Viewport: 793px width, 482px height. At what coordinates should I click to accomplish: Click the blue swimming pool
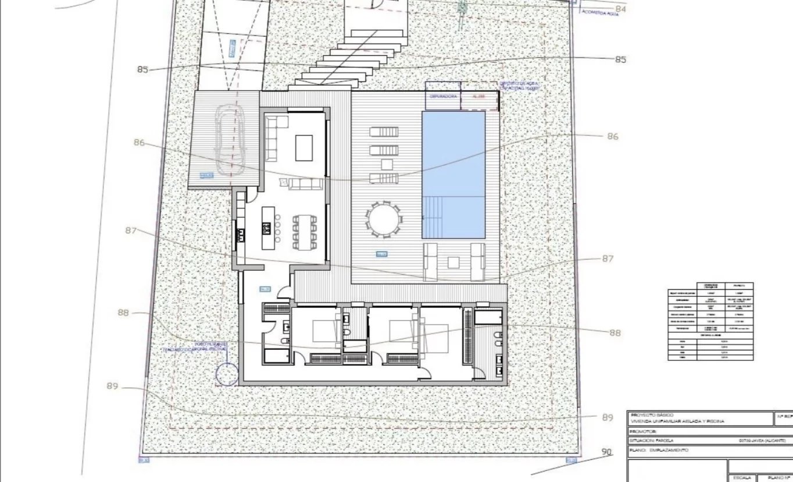453,175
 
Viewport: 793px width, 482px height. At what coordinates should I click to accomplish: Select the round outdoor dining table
383,219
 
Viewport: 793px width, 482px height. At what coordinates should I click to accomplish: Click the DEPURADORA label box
443,96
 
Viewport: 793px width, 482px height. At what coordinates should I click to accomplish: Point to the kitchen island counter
269,228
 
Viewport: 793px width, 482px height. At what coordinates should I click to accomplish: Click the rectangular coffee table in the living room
304,148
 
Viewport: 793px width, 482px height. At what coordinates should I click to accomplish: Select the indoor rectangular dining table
305,232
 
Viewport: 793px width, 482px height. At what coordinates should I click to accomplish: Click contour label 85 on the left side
143,69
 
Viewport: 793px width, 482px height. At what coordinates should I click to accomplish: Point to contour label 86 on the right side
613,136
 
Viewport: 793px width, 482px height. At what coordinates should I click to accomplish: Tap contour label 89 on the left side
113,386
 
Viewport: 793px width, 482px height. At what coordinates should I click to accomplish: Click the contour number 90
607,452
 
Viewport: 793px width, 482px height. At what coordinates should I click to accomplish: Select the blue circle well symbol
227,374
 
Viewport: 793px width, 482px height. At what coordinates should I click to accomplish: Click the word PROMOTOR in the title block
643,431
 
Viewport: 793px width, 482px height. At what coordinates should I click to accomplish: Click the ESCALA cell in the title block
742,477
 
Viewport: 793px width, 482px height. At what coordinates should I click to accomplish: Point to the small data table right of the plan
710,321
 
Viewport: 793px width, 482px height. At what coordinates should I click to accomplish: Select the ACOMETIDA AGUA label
600,13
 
